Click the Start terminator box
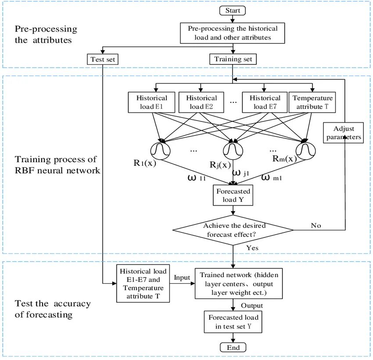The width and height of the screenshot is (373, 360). (233, 10)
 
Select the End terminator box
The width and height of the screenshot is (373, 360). (233, 347)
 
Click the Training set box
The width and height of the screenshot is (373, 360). (233, 59)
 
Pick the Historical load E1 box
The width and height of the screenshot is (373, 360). (151, 102)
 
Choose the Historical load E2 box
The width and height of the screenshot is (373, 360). (201, 102)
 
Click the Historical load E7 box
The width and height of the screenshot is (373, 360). (265, 102)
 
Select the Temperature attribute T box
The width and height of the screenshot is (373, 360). (312, 102)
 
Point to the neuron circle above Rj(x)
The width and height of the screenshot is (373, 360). (232, 150)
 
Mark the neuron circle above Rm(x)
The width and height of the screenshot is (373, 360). (305, 150)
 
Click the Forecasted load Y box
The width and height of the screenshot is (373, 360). (233, 196)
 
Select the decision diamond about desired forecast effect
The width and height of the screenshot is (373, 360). (233, 230)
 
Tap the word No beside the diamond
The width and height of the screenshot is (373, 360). (316, 225)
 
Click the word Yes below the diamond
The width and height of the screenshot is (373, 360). (252, 248)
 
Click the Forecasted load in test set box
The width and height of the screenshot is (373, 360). (233, 322)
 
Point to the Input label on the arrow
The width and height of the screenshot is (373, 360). (182, 278)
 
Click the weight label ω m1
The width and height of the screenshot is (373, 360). (272, 178)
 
